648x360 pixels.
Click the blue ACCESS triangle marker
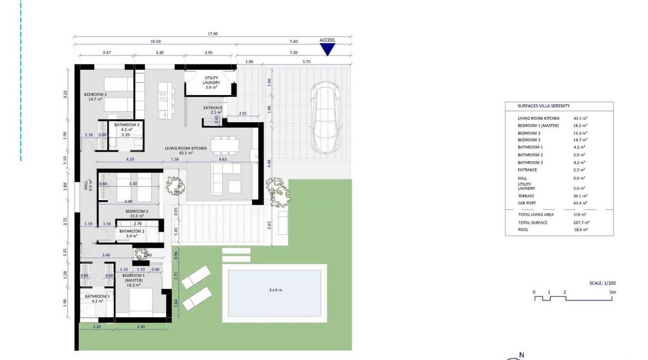(x=327, y=49)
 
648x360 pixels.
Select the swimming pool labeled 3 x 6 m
(x=274, y=292)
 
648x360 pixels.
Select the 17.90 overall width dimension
(x=213, y=34)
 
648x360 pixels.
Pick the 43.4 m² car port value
(x=579, y=203)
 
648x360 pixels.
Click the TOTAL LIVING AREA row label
(x=535, y=215)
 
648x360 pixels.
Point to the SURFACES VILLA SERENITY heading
(x=544, y=106)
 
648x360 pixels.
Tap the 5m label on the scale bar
(x=612, y=292)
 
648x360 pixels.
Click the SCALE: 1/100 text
(x=602, y=283)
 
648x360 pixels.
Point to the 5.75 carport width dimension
(x=306, y=61)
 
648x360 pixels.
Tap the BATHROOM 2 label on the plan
(x=132, y=231)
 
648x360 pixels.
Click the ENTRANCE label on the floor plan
(x=213, y=108)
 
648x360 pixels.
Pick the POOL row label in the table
(x=523, y=229)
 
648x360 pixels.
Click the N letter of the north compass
(x=522, y=355)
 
